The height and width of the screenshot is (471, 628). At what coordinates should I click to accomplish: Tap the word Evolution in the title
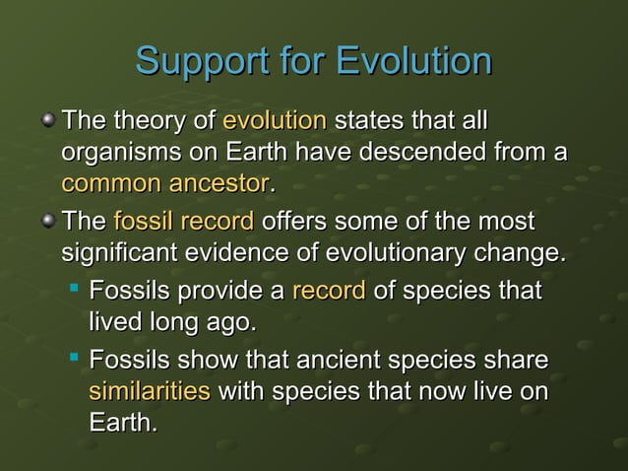click(x=413, y=61)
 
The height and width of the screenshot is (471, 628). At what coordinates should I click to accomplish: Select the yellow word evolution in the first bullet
click(x=275, y=122)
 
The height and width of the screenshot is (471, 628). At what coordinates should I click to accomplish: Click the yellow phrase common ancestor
click(x=164, y=184)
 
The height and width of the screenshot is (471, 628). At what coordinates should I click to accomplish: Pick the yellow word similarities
click(x=150, y=391)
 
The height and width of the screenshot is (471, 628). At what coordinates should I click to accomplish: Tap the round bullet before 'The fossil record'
click(x=48, y=222)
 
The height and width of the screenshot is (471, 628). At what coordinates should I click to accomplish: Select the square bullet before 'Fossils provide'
click(x=75, y=291)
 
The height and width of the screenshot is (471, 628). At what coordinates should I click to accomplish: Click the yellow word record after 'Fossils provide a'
click(x=329, y=292)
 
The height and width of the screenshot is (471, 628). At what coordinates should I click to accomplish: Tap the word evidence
click(x=245, y=253)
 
